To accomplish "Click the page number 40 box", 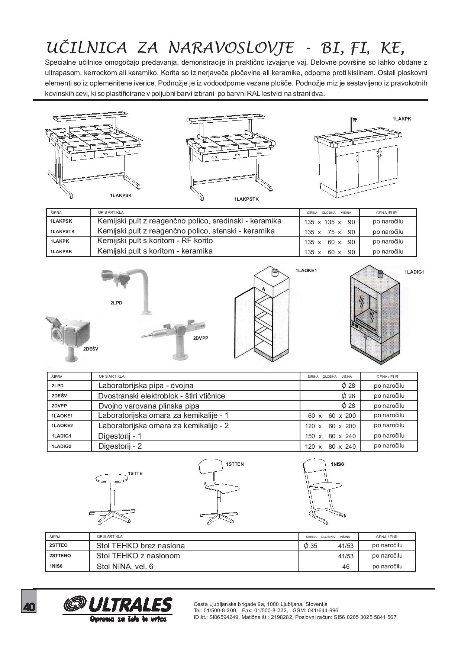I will click(x=28, y=607).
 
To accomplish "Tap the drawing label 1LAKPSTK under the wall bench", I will click(x=246, y=199).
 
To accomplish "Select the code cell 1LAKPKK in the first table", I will click(x=61, y=252).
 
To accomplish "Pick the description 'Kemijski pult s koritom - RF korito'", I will click(x=155, y=241).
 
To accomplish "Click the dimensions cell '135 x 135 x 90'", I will click(x=329, y=222).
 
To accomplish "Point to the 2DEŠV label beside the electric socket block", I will click(x=91, y=349).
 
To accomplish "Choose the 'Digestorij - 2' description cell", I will click(x=120, y=446).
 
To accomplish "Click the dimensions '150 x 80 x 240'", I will click(x=330, y=436).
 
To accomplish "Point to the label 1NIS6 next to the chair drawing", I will click(x=337, y=464).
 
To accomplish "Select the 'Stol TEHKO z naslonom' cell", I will click(x=138, y=556).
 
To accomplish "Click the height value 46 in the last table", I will click(x=346, y=567).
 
